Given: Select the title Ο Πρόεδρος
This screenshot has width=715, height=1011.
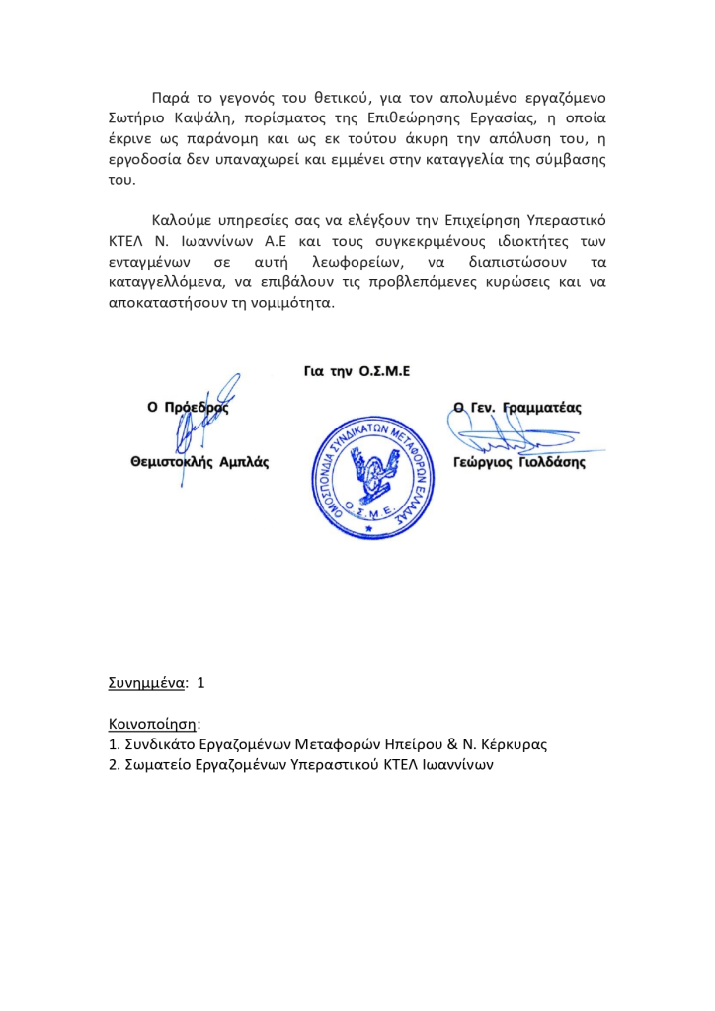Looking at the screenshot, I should click(188, 407).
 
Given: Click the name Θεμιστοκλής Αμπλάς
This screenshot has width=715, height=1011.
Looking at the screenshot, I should click(199, 461).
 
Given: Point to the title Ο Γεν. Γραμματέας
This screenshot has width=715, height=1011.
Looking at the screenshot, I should click(517, 406).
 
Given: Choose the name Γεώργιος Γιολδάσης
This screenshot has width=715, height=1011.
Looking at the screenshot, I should click(518, 461).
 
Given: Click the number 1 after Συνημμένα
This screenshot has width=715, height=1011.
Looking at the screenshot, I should click(201, 682).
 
